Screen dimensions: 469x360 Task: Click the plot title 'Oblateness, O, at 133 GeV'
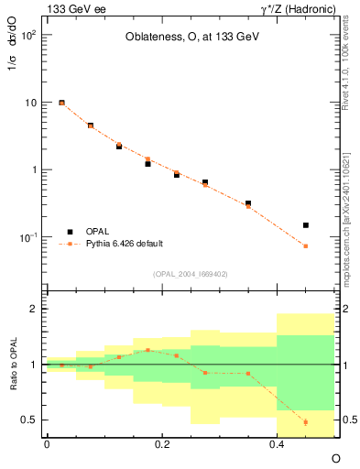(183, 38)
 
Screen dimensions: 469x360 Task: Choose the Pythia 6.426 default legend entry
(124, 244)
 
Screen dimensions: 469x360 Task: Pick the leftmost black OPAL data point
(61, 104)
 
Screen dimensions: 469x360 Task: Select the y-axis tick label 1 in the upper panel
(33, 170)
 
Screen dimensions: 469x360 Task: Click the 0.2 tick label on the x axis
(162, 444)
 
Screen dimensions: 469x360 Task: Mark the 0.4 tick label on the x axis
(278, 444)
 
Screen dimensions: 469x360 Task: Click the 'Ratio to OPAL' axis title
(11, 364)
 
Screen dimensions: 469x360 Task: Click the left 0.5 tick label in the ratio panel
(29, 420)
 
